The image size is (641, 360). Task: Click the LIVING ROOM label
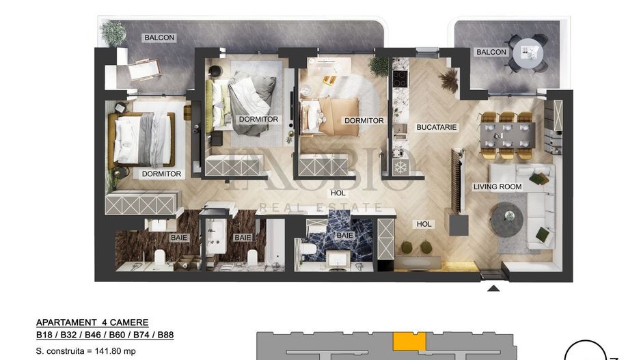click(x=497, y=186)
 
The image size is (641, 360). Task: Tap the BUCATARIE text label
click(x=436, y=127)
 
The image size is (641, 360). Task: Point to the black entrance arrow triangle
click(x=493, y=288)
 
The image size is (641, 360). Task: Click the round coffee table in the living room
click(x=507, y=217)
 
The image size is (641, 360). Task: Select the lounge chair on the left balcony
click(x=144, y=69)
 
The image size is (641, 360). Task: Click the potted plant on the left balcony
click(x=112, y=32)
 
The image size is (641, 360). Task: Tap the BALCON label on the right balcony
click(x=491, y=52)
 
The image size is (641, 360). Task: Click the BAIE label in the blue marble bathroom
click(x=345, y=235)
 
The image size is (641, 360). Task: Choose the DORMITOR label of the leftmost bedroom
click(x=161, y=174)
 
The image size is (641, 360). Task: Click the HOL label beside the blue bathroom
click(x=424, y=223)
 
